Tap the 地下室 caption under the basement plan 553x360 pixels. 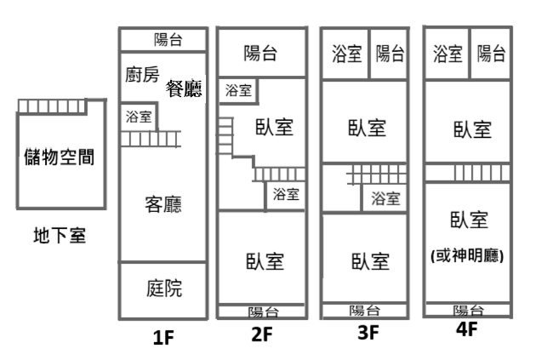tap(59, 235)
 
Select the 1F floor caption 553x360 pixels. tap(163, 338)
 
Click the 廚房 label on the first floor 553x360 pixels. tap(141, 75)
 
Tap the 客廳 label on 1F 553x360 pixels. tap(163, 204)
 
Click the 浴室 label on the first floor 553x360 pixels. tap(139, 117)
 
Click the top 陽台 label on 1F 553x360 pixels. tap(168, 39)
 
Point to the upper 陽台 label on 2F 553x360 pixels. tap(260, 54)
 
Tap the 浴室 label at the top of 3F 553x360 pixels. tap(345, 54)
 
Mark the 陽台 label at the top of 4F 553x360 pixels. tap(491, 54)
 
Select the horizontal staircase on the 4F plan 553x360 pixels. tap(468, 173)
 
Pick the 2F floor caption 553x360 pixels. tap(262, 334)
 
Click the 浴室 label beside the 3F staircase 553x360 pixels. tap(385, 198)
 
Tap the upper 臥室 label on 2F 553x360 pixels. tap(274, 127)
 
